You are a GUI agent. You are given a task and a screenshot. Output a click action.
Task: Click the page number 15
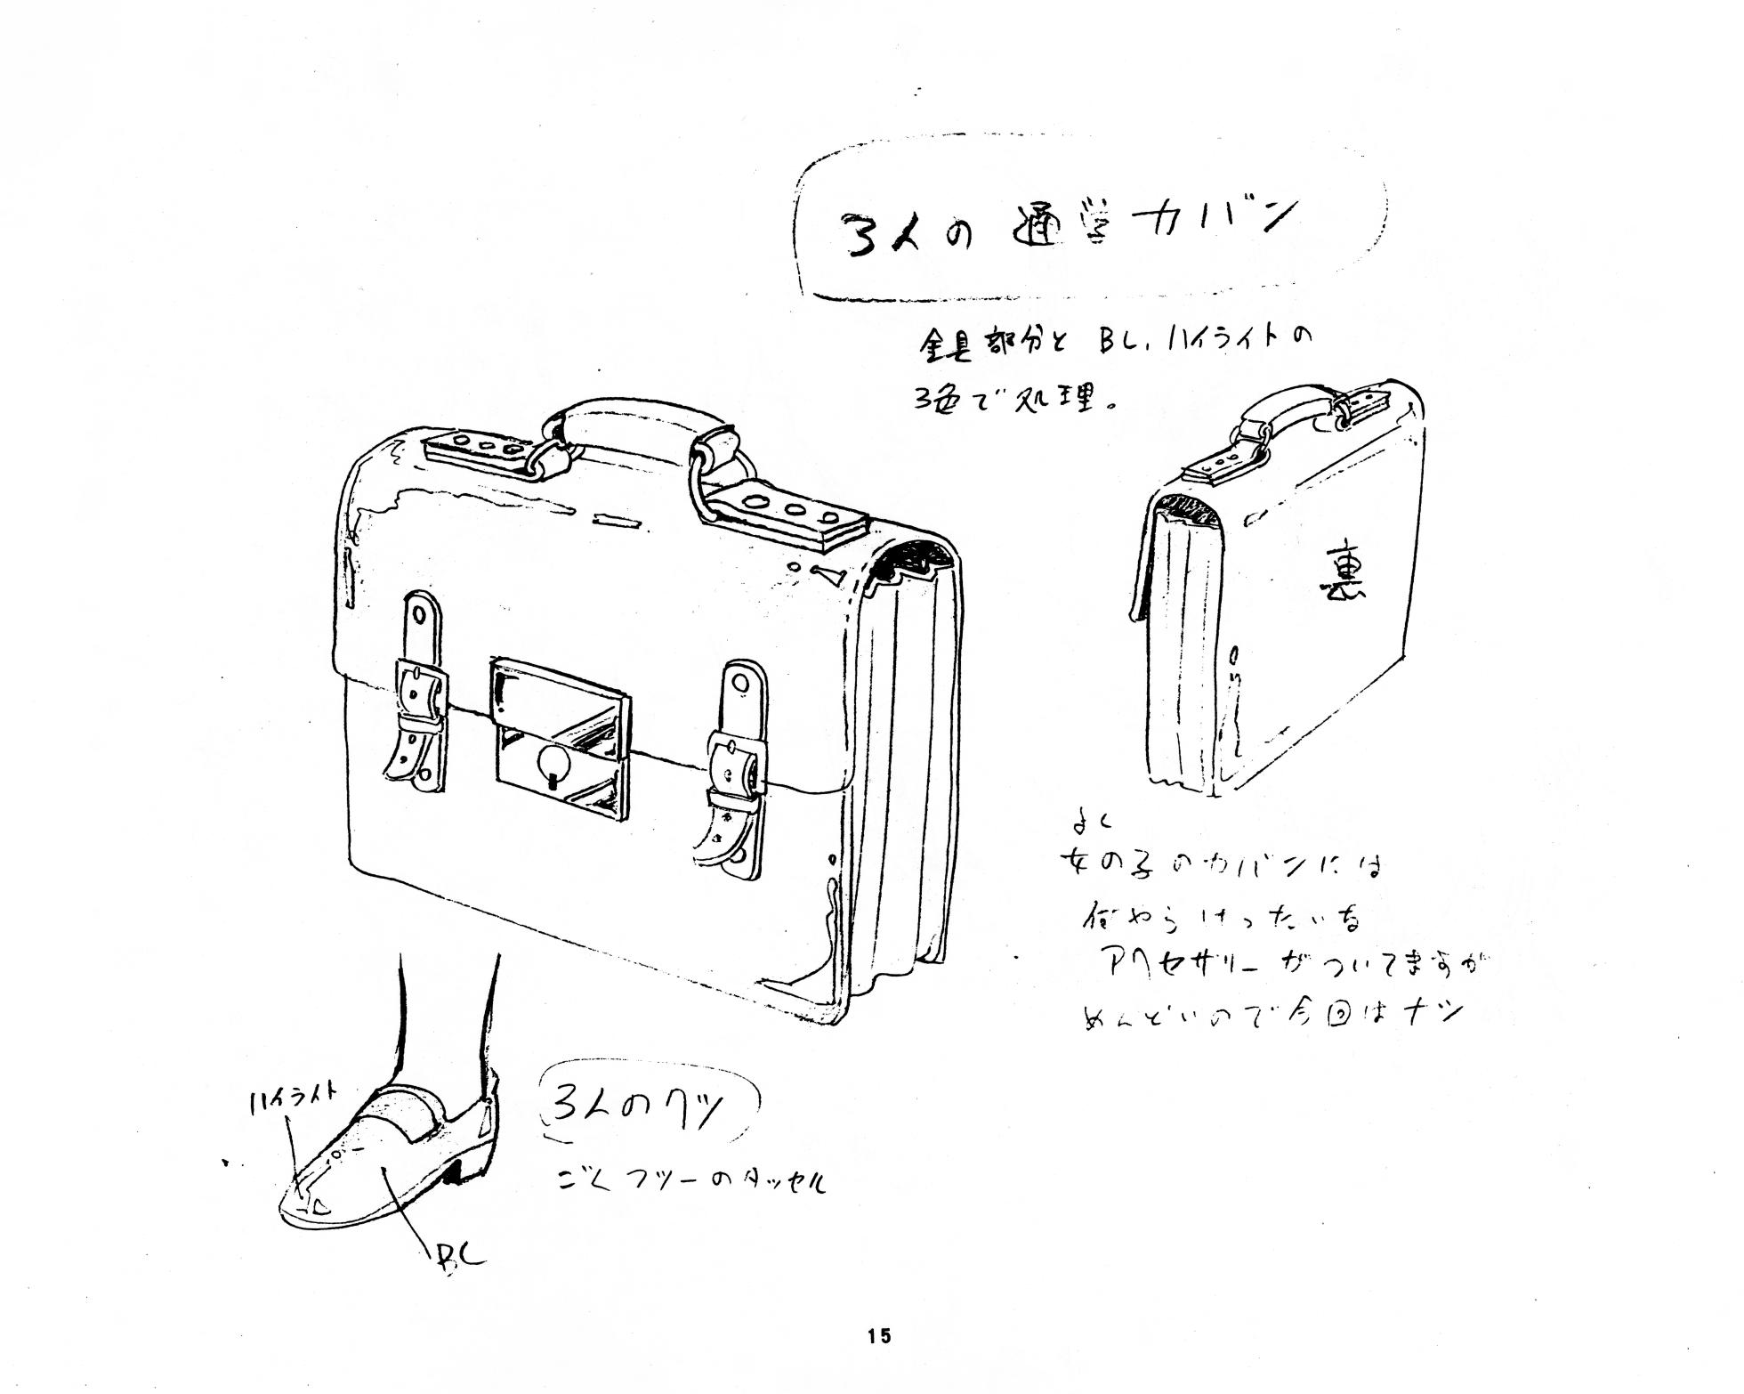click(x=879, y=1335)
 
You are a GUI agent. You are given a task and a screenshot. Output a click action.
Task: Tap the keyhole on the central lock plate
click(x=551, y=765)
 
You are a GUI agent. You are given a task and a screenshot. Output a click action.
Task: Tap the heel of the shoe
click(x=453, y=1172)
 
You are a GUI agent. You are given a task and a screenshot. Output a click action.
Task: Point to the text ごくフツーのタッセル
click(x=690, y=1181)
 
